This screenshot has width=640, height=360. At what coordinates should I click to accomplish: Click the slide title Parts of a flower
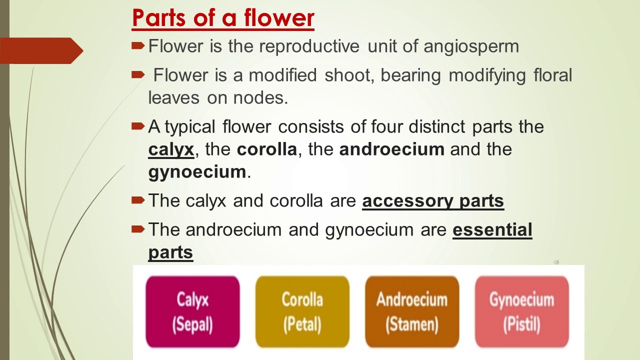[223, 18]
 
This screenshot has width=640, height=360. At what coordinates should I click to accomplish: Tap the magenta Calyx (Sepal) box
[192, 312]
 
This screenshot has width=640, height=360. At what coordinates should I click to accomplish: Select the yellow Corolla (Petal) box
[302, 312]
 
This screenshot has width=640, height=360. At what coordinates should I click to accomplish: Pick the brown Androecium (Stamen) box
[411, 312]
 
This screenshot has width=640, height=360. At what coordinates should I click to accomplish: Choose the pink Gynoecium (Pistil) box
[521, 312]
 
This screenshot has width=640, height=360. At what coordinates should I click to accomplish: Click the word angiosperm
[471, 46]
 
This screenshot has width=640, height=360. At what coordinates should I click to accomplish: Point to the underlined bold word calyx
[171, 149]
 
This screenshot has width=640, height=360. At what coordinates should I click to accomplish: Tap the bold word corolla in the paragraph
[266, 149]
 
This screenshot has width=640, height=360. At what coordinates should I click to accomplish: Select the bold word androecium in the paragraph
[391, 149]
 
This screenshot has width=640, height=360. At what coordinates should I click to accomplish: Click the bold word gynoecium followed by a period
[197, 172]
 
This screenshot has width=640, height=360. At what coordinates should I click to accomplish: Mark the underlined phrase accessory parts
[433, 201]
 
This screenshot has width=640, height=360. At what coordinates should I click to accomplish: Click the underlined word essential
[492, 230]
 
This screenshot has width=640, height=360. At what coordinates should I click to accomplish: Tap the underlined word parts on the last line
[170, 252]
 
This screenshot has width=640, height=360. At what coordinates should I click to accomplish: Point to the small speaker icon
[556, 262]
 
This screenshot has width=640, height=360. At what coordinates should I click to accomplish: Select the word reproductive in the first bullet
[309, 46]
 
